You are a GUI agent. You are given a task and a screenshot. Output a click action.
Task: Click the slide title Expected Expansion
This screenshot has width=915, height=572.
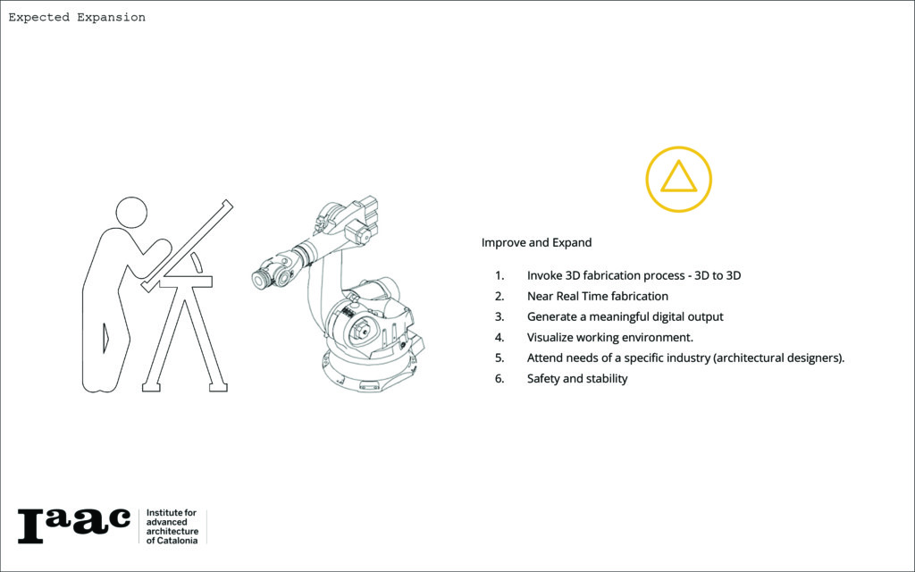tap(77, 18)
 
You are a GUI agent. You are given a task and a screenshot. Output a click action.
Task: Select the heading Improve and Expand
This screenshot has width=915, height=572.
tap(536, 242)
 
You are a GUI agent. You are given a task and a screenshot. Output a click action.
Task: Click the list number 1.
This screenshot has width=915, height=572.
tap(499, 275)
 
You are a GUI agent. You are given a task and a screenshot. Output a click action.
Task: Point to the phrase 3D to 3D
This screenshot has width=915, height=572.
tap(718, 275)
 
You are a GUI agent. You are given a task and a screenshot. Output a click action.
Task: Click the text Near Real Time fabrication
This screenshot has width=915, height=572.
tap(598, 296)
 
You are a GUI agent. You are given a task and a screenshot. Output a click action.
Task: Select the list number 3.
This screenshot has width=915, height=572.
tap(499, 317)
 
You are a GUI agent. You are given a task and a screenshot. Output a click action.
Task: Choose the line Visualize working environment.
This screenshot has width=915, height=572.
tap(609, 337)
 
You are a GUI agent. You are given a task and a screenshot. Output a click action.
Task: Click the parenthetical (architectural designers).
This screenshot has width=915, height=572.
tap(778, 357)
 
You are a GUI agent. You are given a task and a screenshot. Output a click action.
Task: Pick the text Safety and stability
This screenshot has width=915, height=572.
tap(577, 378)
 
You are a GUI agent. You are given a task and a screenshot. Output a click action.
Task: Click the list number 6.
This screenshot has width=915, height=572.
tap(499, 379)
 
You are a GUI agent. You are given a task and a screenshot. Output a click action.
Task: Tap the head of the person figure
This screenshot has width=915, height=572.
tap(131, 213)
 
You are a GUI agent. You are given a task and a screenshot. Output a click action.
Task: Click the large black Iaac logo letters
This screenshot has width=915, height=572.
tap(74, 526)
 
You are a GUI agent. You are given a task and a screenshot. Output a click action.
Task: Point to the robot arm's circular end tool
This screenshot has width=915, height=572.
tap(261, 280)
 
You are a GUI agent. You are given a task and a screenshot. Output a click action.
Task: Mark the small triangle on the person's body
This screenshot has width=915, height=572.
tap(105, 338)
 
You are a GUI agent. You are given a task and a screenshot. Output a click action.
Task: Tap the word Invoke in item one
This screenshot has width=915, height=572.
tap(544, 275)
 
